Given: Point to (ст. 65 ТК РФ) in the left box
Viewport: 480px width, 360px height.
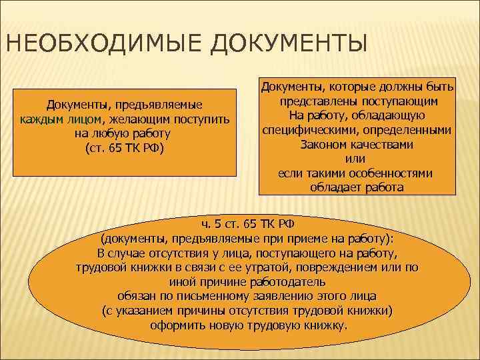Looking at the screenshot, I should (124, 147).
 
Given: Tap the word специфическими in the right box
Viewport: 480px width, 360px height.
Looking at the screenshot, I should (304, 129).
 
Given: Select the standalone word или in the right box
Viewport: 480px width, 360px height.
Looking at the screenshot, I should (356, 159).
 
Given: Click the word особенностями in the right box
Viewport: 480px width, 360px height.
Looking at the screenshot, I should (391, 173).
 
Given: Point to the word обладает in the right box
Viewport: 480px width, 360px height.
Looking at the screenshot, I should (333, 187).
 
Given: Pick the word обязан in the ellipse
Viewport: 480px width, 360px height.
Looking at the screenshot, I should (135, 296).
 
